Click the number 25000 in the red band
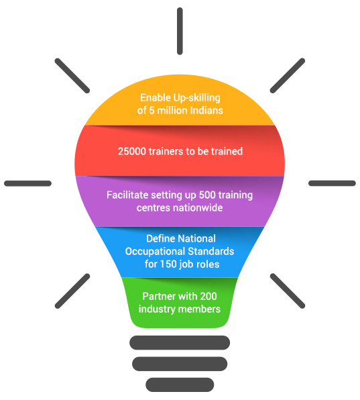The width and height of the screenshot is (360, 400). pos(132,151)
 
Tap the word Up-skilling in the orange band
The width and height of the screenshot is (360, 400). pos(196,98)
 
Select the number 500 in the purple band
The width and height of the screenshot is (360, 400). pos(207,195)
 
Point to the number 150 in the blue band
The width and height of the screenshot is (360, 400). pos(168,264)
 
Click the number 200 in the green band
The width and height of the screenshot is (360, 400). pos(208,296)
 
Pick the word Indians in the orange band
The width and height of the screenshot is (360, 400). pos(206,111)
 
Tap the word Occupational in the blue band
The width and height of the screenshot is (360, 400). pos(155,252)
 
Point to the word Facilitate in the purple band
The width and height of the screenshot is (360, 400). pos(127,195)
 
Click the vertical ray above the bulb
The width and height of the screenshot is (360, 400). pos(180,31)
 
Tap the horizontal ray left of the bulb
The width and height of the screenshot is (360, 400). pos(27,183)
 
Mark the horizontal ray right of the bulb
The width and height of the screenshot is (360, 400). pos(332,183)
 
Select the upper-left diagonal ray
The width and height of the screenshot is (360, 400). pos(72,76)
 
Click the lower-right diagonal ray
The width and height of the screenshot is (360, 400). pos(288,291)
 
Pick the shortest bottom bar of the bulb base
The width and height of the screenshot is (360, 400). pos(180,385)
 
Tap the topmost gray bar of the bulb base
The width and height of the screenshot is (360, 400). pos(180,342)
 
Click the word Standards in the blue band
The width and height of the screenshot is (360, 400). pos(211,251)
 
